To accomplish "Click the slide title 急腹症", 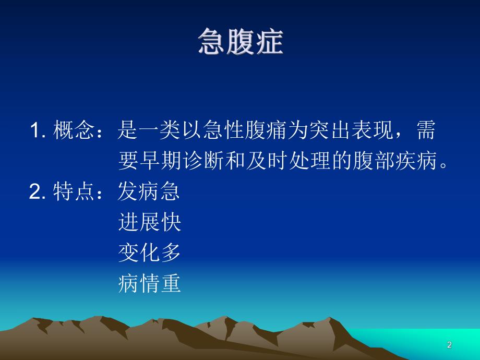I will (240, 42).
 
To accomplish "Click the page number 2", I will (449, 345).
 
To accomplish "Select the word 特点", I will (74, 193).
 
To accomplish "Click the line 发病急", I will (149, 193).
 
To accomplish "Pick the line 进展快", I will (149, 223).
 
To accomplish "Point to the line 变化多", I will (149, 253).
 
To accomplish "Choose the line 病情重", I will (149, 284).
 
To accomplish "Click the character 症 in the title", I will (269, 42).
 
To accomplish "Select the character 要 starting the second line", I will (128, 162).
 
